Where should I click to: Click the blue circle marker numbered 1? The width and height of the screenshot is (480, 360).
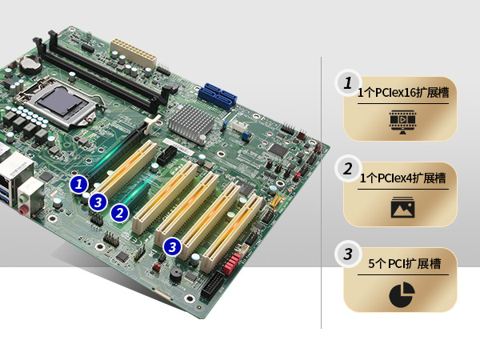point(78,184)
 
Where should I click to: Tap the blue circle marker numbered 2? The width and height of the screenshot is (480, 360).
point(120,213)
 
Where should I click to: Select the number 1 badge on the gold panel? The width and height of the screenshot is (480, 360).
point(348,82)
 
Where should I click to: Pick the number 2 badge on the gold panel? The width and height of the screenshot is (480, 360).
point(348,168)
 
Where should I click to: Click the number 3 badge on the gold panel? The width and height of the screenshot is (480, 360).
point(348,254)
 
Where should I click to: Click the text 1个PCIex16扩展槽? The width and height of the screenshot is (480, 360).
point(403,93)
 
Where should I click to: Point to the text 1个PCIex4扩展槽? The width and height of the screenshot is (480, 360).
point(403,178)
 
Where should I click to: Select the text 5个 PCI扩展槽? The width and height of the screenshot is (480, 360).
point(405,263)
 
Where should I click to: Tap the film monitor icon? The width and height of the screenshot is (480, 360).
point(402,122)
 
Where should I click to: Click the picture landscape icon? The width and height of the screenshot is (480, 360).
point(402,207)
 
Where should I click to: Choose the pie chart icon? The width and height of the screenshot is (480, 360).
point(402,294)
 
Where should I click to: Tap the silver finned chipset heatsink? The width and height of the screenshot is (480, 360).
point(191,122)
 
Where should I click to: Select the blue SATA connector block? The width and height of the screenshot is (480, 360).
point(218,97)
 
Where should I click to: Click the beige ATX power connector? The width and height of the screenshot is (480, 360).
point(134,54)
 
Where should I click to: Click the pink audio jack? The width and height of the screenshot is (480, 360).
point(22,210)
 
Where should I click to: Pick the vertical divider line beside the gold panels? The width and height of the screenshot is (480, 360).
point(321,193)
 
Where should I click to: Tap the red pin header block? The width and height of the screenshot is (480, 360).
point(232,263)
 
